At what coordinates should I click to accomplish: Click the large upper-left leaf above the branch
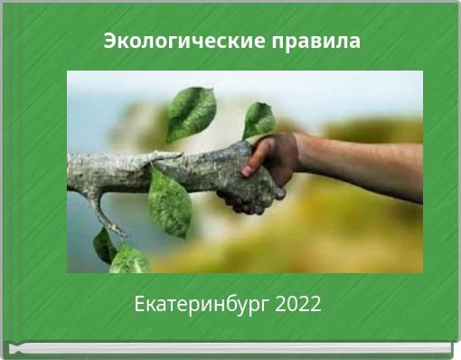click(191, 112)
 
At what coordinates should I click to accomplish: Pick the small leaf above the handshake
click(259, 119)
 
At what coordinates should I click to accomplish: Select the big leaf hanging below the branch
click(169, 204)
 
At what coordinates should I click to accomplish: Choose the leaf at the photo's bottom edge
click(129, 260)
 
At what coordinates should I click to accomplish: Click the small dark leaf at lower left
click(104, 244)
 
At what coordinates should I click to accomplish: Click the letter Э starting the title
click(109, 42)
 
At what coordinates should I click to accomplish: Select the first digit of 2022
click(278, 305)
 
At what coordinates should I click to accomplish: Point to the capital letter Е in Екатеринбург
click(139, 305)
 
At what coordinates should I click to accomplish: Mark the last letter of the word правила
click(354, 43)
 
